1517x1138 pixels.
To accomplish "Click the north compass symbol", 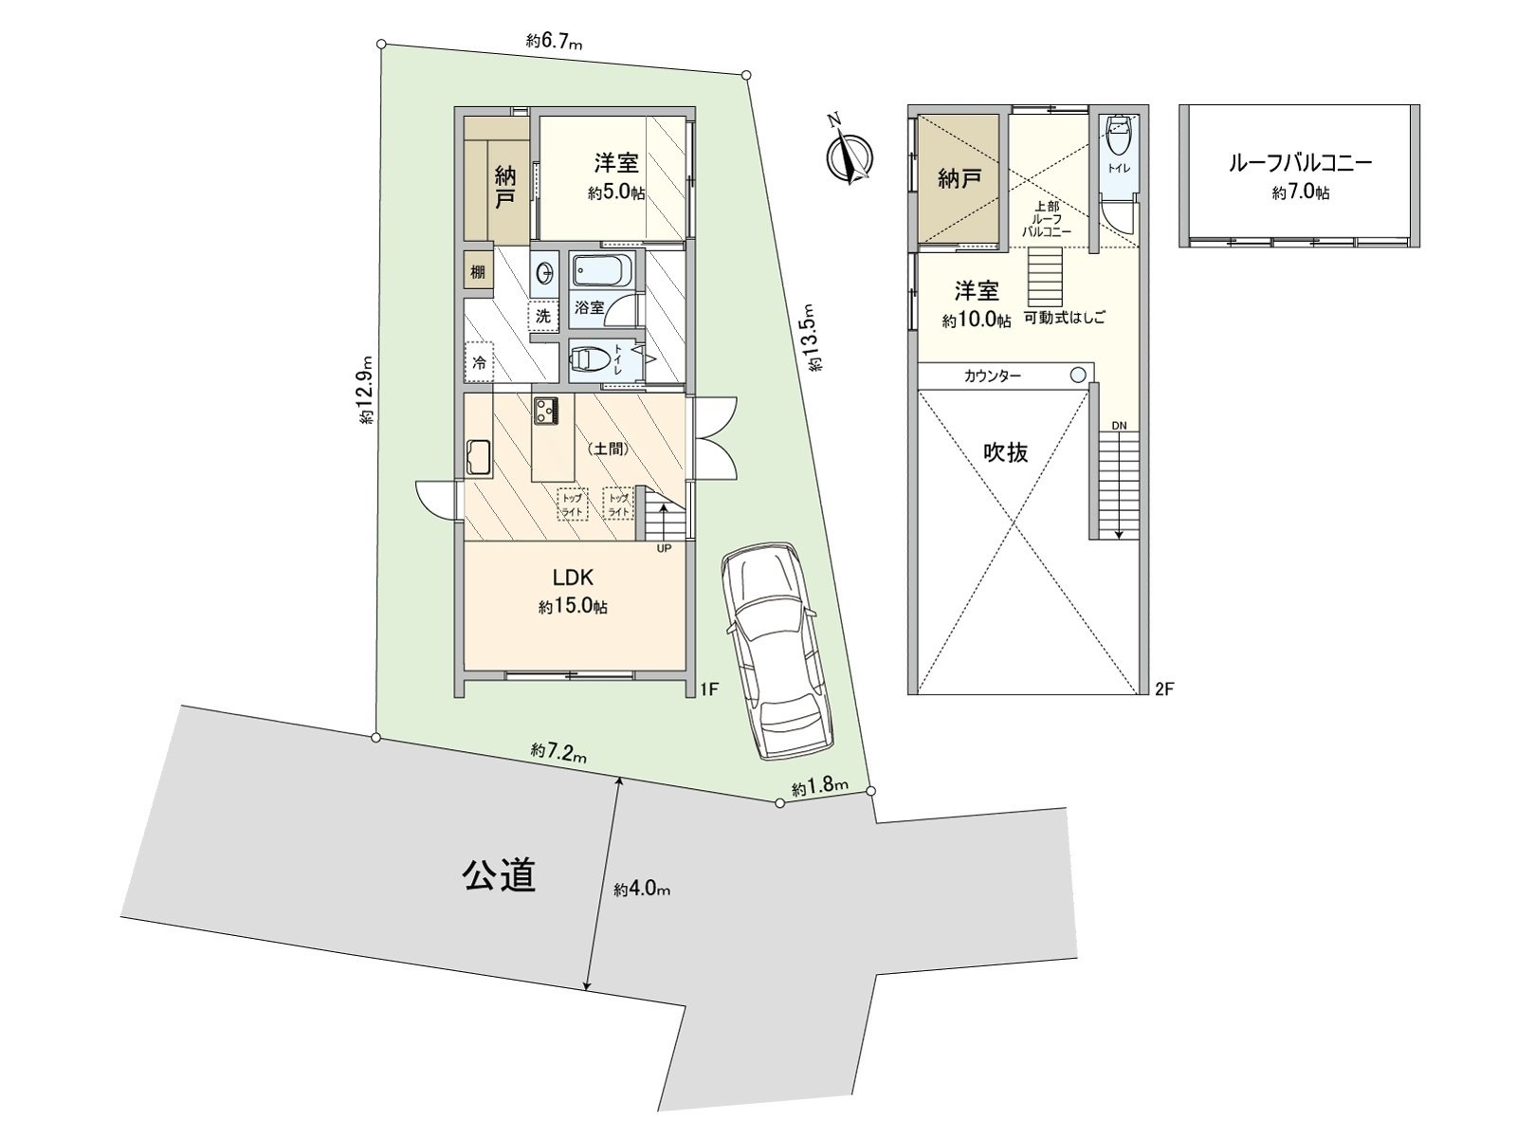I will pyautogui.click(x=850, y=154).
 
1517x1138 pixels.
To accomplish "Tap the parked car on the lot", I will pyautogui.click(x=775, y=654).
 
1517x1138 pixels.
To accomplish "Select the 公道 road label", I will pyautogui.click(x=499, y=874).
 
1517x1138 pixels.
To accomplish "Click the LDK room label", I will pyautogui.click(x=574, y=577).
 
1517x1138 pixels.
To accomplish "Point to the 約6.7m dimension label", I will pyautogui.click(x=555, y=41).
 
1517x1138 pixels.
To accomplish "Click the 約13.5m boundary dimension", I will pyautogui.click(x=813, y=338).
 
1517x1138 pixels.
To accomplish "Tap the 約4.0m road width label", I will pyautogui.click(x=642, y=890).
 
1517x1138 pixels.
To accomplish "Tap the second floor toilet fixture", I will pyautogui.click(x=1119, y=138).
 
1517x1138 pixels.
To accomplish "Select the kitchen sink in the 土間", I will pyautogui.click(x=477, y=459).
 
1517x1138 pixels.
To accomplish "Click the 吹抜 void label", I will pyautogui.click(x=1005, y=453).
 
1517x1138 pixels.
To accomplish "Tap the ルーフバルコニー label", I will pyautogui.click(x=1300, y=164).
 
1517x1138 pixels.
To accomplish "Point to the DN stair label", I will pyautogui.click(x=1119, y=427).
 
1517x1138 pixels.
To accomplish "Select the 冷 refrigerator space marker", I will pyautogui.click(x=479, y=362).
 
